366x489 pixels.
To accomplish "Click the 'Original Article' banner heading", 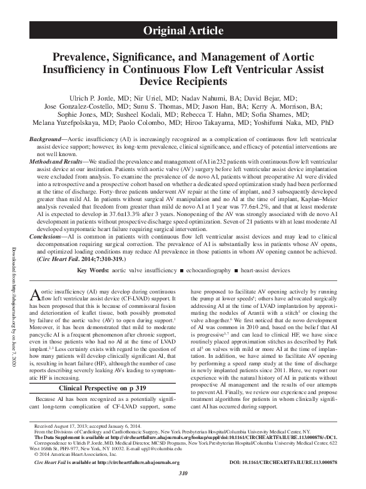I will [x=183, y=30].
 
